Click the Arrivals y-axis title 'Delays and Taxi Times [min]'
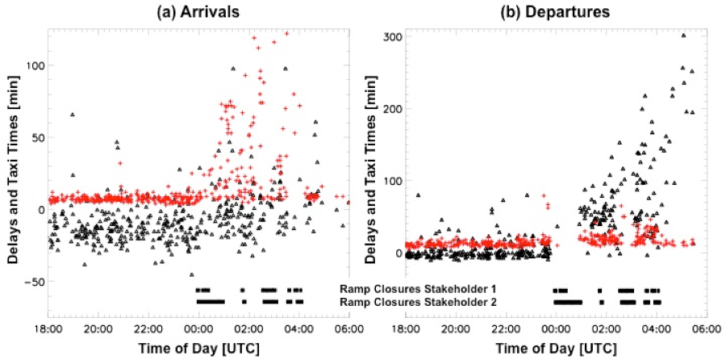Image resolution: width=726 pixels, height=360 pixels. pos(10,173)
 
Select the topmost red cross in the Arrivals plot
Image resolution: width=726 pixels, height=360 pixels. pos(286,33)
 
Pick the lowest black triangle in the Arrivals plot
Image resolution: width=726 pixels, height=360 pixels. pos(191,274)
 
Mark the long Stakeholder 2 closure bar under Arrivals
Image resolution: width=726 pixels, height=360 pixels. pos(211,302)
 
